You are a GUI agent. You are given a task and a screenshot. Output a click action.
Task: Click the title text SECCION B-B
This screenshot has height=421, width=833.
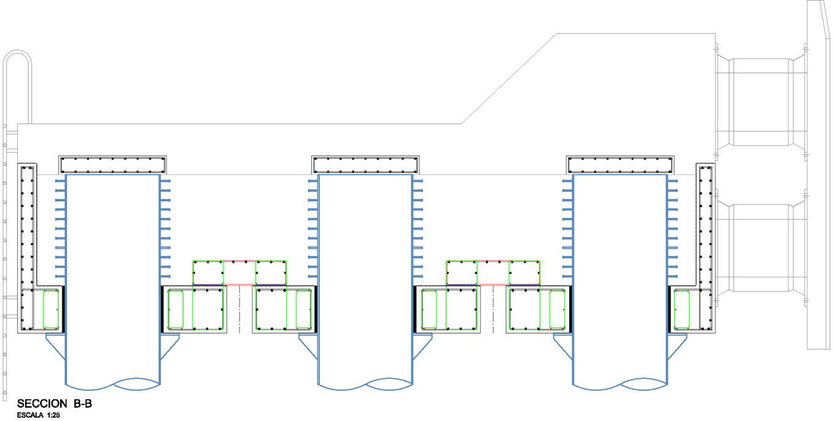[55, 404]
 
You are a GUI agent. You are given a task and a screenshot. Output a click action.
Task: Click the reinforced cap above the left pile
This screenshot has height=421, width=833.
[113, 164]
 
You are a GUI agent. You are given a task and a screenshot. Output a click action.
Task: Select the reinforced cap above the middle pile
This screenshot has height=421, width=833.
[366, 164]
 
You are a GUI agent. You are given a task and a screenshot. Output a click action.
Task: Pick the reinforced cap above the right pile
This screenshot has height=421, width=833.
[619, 164]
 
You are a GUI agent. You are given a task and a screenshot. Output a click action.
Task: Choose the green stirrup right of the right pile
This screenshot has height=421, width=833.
[681, 309]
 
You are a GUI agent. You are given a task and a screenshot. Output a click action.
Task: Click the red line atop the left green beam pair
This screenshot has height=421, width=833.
[239, 261]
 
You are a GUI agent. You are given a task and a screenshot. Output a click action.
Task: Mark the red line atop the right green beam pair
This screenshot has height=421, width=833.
[493, 261]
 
